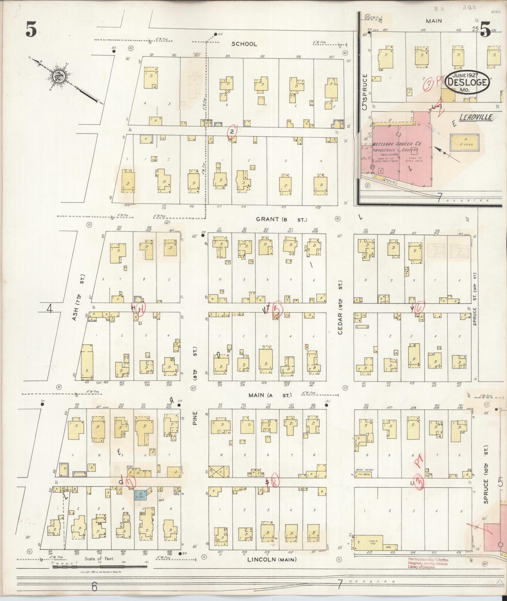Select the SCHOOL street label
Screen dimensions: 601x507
(244, 44)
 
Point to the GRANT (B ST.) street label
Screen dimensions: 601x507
(281, 219)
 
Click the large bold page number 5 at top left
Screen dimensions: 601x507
(31, 30)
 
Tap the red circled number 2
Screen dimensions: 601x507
(232, 131)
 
